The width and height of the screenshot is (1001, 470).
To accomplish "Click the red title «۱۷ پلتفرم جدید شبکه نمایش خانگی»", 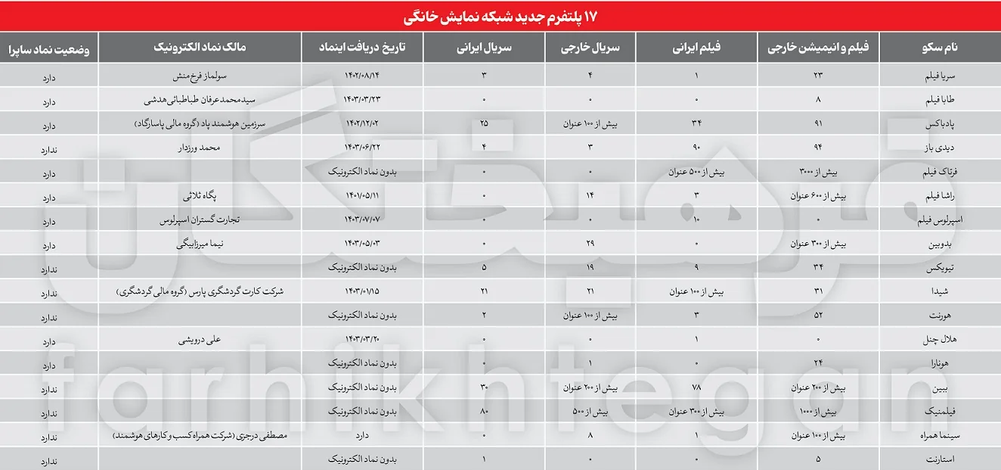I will tap(500, 14).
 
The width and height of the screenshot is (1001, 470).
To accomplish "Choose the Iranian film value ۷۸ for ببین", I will tap(696, 388).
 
